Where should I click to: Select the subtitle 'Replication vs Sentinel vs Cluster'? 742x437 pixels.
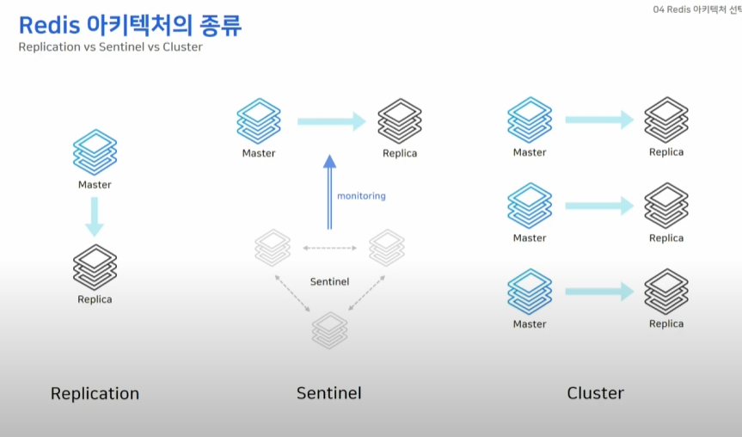[110, 47]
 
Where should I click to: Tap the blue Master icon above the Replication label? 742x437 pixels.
[95, 152]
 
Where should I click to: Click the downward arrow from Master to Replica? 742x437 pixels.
[95, 216]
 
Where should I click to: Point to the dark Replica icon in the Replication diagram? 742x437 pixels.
[95, 267]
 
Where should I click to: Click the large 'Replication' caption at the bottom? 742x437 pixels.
[95, 394]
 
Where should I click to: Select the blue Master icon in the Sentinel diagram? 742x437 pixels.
[259, 120]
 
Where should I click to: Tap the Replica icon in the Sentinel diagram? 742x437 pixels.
[400, 121]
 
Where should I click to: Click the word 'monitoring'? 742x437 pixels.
[361, 196]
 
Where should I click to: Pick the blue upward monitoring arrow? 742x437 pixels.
[328, 193]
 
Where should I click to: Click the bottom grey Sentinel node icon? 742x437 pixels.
[329, 329]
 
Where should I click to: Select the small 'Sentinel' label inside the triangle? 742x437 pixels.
[329, 281]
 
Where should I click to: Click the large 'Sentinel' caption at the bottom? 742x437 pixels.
[329, 394]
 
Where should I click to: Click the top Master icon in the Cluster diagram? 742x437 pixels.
[530, 119]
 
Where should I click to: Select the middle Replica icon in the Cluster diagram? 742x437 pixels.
[666, 205]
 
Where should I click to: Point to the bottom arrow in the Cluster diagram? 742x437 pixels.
[599, 292]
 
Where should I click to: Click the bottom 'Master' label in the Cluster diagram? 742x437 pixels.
[530, 324]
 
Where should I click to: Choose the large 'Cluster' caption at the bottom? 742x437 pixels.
[595, 394]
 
